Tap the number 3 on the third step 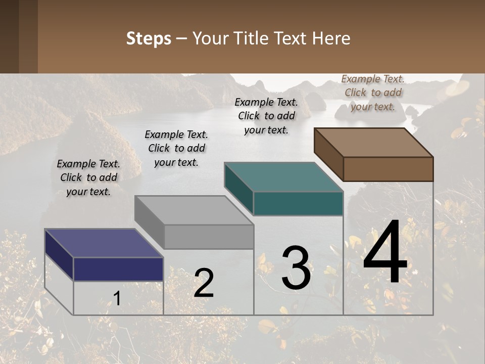pos(296,268)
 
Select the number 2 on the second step pos(204,283)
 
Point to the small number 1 pos(117,298)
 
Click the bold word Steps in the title pos(149,38)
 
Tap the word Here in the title pos(331,38)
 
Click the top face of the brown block pos(373,143)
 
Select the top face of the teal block pos(283,177)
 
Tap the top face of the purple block pos(104,243)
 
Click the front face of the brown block pos(388,169)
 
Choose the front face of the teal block pos(298,204)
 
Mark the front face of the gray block pos(209,237)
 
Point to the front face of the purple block pos(118,269)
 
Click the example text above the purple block pos(88,177)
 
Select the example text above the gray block pos(176,148)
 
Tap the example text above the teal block pos(266,116)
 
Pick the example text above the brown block pos(373,93)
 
